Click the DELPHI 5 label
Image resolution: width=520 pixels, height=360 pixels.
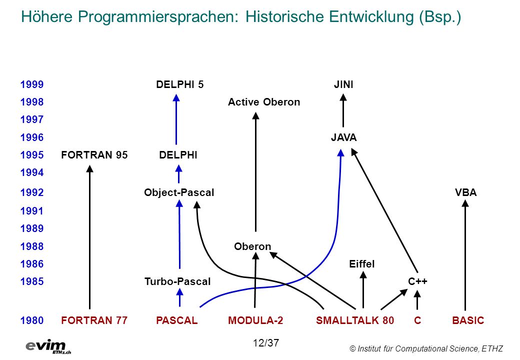click(179, 84)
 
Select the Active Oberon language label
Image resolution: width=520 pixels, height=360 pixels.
click(264, 102)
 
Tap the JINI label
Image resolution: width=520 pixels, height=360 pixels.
click(343, 84)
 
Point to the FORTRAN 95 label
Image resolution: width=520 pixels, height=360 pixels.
click(94, 155)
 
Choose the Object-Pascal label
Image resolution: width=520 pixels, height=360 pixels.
click(179, 192)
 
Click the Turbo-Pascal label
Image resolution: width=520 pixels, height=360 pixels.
click(177, 281)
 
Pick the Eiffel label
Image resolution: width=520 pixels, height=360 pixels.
click(362, 264)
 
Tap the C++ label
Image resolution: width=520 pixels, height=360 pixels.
click(417, 281)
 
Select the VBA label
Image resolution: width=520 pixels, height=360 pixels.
click(465, 192)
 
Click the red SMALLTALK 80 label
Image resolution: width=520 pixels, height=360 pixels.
click(355, 320)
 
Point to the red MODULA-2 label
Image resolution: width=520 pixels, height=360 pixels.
click(255, 320)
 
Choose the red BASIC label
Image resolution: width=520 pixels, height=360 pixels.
click(468, 320)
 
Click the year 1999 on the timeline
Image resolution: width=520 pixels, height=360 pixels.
click(32, 84)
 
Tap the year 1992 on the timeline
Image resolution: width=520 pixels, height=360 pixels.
click(32, 192)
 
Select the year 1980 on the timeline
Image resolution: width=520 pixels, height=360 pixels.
click(32, 320)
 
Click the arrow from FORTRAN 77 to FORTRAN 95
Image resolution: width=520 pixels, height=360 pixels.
click(89, 237)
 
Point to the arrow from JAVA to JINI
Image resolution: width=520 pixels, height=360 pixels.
click(343, 110)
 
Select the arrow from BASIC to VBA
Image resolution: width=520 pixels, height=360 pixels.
click(465, 255)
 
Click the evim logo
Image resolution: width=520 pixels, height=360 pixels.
click(48, 346)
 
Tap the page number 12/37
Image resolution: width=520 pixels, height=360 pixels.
click(266, 343)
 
